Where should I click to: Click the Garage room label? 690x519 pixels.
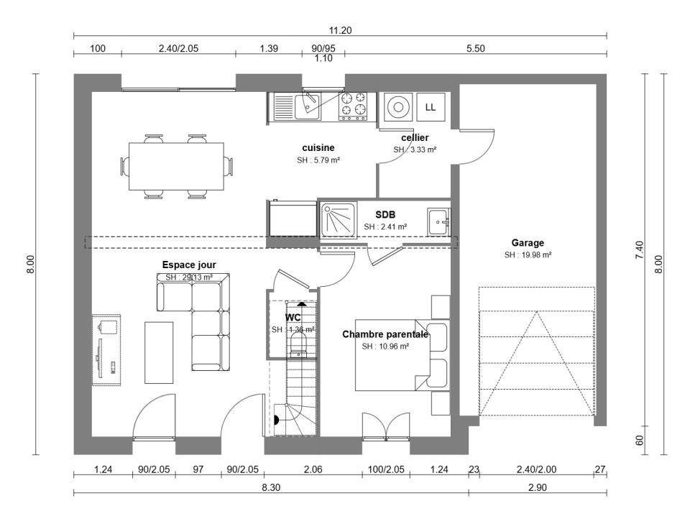[528, 243]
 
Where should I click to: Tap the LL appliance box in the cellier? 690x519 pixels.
[431, 108]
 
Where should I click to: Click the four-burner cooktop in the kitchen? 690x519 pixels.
[352, 106]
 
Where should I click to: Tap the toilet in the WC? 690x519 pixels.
[298, 341]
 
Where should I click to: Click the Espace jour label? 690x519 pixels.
[189, 265]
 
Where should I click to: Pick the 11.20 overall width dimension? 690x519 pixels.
[340, 30]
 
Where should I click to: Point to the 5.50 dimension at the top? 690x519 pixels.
[476, 49]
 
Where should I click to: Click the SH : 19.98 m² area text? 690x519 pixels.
[528, 254]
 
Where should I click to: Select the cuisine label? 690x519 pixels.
[318, 147]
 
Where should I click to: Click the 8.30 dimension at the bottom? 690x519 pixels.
[271, 487]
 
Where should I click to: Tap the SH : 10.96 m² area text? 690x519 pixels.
[385, 346]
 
